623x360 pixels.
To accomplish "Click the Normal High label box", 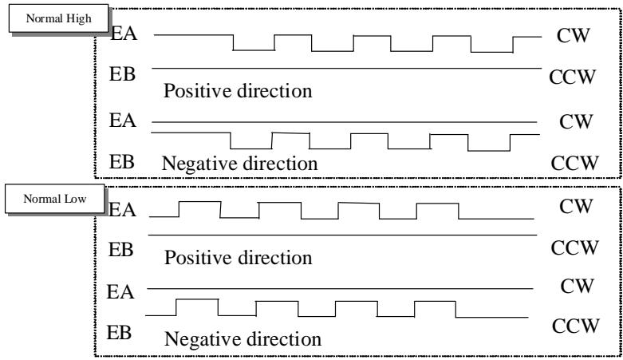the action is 58,18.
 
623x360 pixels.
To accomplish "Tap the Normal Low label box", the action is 55,199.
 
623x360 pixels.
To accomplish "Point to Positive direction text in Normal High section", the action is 238,91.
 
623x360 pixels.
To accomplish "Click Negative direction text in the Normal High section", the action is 239,163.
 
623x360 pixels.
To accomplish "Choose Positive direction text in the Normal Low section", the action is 238,257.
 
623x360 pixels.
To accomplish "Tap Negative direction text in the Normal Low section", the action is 242,339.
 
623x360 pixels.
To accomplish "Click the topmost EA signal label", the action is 124,33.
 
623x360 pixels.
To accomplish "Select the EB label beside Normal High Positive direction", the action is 122,74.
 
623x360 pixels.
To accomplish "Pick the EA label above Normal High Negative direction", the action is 123,120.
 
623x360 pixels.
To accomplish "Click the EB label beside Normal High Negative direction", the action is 122,162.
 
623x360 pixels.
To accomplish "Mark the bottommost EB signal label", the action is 119,332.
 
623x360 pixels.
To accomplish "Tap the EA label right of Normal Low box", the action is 122,210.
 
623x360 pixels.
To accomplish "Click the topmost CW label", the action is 574,35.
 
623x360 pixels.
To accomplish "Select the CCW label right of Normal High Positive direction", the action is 573,77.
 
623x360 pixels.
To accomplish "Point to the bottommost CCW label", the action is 575,326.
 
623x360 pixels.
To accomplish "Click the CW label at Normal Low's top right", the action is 576,206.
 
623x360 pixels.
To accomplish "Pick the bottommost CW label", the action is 578,286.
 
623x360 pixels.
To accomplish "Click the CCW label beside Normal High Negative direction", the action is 574,163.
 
